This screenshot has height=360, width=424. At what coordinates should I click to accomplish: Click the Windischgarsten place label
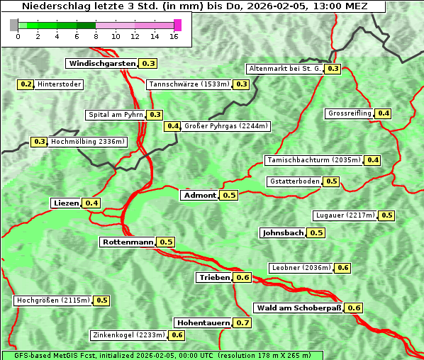pos(101,63)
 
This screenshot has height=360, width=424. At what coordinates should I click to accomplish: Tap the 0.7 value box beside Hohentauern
pos(242,322)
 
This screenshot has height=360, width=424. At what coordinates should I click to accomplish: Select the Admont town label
pos(199,195)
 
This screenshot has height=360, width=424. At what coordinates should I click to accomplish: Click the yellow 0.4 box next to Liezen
pos(91,203)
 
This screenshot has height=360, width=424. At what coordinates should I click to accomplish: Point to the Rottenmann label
pos(128,242)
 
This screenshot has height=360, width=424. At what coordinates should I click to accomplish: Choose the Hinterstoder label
pos(60,84)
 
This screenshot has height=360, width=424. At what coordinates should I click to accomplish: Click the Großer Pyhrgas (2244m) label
pos(225,126)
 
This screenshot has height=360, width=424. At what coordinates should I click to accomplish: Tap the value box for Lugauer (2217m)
pos(386,215)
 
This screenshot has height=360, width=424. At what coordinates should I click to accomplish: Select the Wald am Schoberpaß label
pos(298,308)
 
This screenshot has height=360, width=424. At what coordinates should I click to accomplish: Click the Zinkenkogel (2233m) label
pos(128,335)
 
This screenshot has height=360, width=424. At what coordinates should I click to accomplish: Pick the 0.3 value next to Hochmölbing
pos(39,142)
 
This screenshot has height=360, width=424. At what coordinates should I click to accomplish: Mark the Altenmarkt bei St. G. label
pos(284,69)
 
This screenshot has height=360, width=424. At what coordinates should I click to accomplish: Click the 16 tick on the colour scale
pos(174,36)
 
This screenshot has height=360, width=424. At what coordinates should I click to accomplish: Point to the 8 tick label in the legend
pos(96,36)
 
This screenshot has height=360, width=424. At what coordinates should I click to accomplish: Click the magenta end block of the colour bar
pos(177,25)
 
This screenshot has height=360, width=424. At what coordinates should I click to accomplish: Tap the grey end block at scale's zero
pos(14,25)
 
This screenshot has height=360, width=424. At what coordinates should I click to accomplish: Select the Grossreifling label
pos(350,113)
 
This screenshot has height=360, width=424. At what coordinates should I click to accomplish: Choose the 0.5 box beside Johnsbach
pos(316,232)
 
